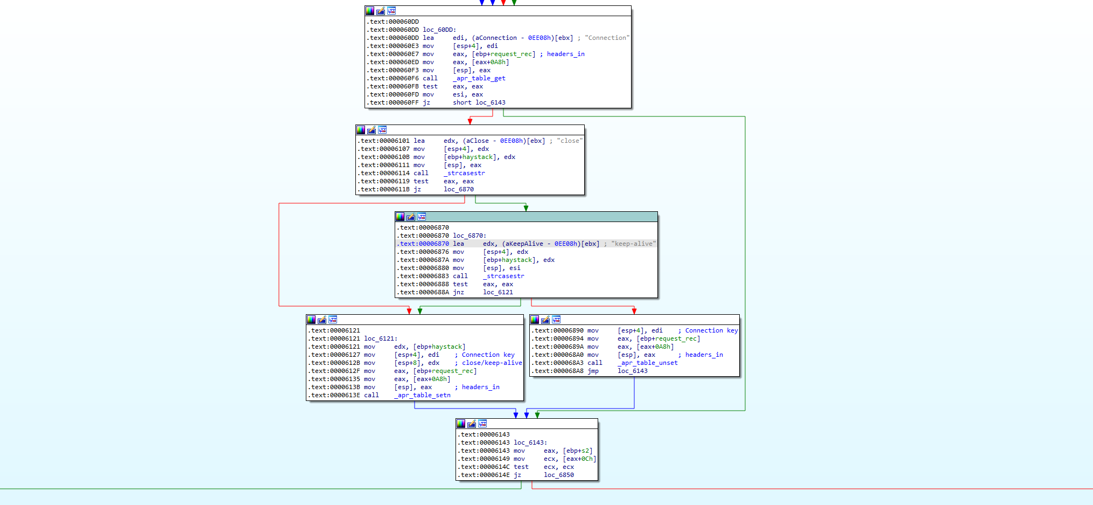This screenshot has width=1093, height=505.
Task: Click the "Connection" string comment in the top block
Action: coord(607,38)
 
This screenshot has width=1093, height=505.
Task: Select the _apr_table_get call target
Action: coord(479,78)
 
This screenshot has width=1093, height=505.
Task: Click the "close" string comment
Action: coord(570,141)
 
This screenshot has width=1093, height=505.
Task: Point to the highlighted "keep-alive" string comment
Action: coord(633,244)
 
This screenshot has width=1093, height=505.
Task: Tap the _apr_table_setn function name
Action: coord(422,395)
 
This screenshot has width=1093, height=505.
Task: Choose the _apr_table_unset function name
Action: coord(647,363)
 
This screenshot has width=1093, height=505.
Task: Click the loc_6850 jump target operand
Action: coord(558,475)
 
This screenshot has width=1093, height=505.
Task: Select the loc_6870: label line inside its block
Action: coord(469,236)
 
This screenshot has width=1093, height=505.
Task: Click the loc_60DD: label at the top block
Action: coord(439,30)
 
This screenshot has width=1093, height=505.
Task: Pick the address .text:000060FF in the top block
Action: coord(393,102)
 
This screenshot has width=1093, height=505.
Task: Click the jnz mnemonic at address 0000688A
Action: coord(458,292)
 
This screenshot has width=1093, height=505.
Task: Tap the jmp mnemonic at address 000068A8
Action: coord(593,371)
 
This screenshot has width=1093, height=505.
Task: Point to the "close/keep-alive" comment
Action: coord(492,363)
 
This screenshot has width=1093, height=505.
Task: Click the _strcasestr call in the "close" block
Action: coord(464,173)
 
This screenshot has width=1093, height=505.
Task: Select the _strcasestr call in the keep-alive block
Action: coord(503,276)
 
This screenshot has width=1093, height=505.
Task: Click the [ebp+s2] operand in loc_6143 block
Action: coord(577,451)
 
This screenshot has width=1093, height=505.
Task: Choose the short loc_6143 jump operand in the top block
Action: coord(479,102)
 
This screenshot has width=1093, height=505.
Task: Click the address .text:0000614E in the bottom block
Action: coord(485,475)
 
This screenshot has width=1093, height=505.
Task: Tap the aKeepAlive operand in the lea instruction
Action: coord(523,244)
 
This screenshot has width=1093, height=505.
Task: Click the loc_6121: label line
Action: coord(380,338)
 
